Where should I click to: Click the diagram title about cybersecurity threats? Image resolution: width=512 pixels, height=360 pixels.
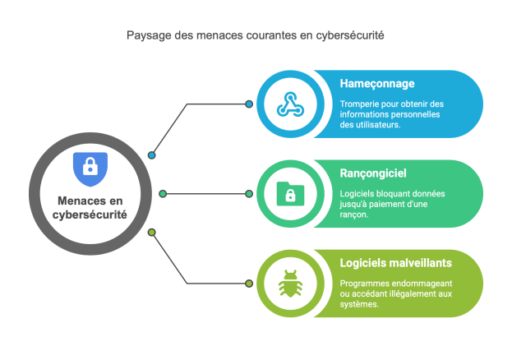click(255, 36)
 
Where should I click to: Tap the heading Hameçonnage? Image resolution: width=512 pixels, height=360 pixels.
click(376, 84)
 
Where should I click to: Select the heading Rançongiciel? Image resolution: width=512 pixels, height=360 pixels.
click(373, 173)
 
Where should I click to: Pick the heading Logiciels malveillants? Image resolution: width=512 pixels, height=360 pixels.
click(395, 263)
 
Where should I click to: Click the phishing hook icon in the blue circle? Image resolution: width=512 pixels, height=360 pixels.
click(289, 104)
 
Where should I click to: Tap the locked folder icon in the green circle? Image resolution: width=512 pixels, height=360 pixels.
click(289, 194)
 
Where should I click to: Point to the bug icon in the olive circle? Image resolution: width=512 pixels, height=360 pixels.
click(289, 284)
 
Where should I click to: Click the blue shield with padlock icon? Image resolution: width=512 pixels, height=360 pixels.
click(90, 169)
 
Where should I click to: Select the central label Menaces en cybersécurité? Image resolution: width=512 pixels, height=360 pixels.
click(90, 207)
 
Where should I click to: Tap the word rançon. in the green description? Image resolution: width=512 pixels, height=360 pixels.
click(353, 215)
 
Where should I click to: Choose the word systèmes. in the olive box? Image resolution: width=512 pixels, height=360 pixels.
click(359, 304)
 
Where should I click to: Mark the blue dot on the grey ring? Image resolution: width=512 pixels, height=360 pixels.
click(152, 155)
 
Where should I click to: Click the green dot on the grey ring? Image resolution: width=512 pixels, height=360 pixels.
click(163, 194)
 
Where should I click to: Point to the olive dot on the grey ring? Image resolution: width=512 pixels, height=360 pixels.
click(152, 233)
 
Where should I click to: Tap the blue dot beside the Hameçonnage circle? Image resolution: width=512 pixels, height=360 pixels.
click(250, 104)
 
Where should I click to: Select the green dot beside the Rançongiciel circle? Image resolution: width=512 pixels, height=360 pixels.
click(250, 194)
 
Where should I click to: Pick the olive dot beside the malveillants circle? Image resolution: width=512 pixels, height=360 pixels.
click(250, 284)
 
